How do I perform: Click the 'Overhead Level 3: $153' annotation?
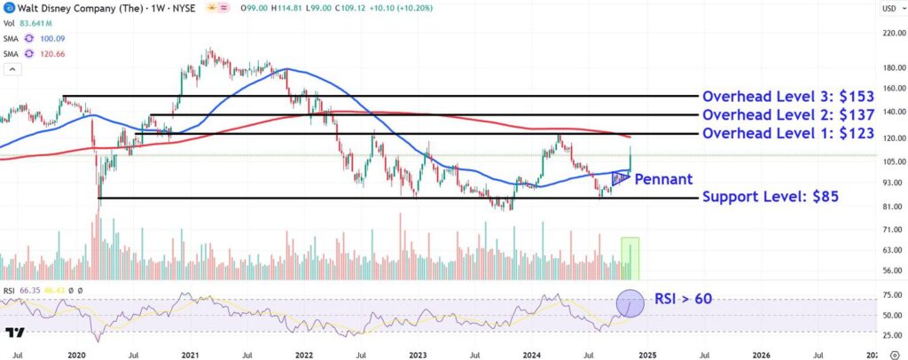(788, 96)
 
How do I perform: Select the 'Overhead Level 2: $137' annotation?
(788, 115)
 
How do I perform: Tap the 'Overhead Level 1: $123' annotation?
(788, 134)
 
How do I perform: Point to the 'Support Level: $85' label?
(771, 197)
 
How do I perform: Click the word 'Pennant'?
(663, 179)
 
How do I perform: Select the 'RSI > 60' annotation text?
(683, 299)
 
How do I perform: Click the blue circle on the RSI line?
(630, 302)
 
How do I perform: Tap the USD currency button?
(888, 9)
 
